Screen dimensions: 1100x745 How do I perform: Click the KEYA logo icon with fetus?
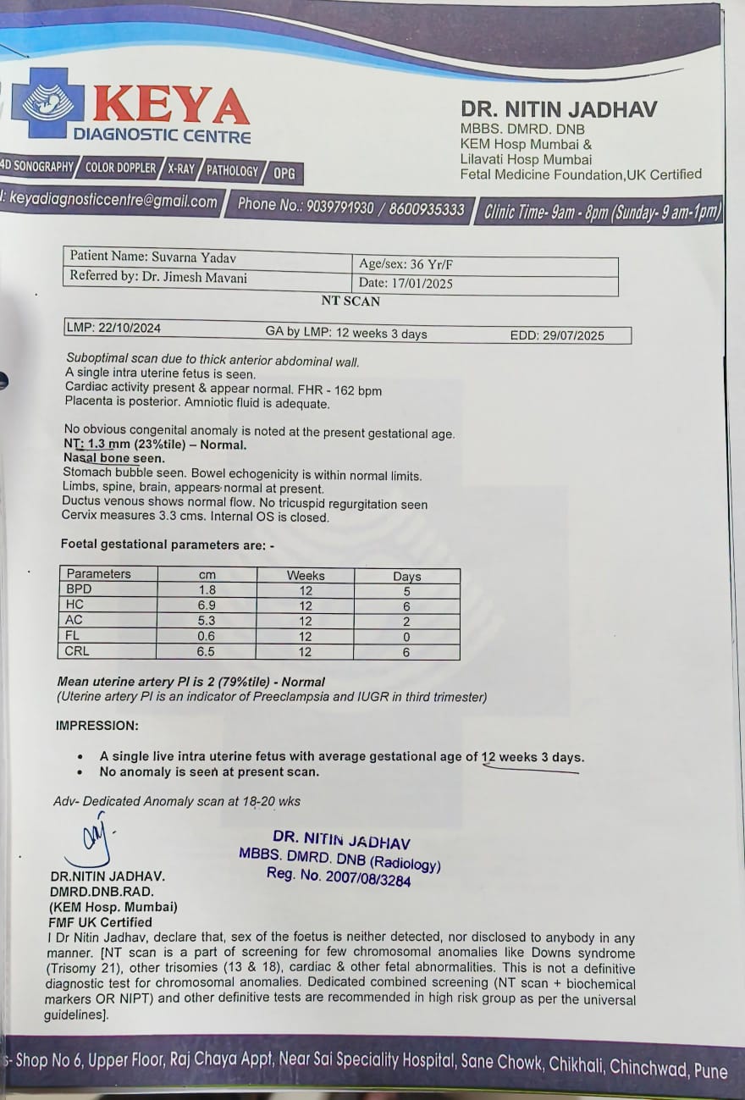[x=47, y=102]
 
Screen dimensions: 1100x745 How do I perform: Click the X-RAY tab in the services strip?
[x=180, y=169]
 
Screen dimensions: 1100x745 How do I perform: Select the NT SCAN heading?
[x=350, y=301]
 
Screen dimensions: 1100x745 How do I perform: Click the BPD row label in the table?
[x=80, y=589]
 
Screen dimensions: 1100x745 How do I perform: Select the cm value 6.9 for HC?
[x=206, y=605]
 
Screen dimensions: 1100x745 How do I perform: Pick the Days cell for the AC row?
[x=406, y=621]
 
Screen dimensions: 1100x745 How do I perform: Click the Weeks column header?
[x=306, y=575]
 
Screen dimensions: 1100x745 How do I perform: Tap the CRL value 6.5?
[x=206, y=651]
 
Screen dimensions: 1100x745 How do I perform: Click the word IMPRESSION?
[x=97, y=726]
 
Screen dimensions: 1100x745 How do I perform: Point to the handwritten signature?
[x=96, y=837]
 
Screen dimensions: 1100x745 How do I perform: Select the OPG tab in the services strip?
[x=284, y=174]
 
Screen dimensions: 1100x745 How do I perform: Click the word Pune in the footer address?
[x=710, y=1071]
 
